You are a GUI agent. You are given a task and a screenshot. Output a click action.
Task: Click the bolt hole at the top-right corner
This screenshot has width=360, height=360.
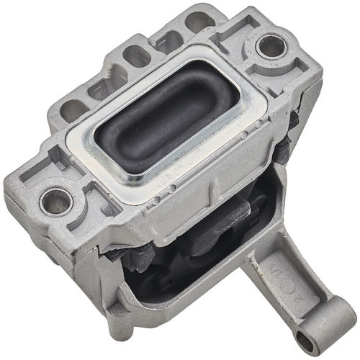(271, 47)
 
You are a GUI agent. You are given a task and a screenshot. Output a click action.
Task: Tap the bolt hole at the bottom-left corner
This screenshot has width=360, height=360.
(55, 201)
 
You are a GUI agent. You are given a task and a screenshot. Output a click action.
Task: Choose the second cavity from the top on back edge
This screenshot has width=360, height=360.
(167, 37)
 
